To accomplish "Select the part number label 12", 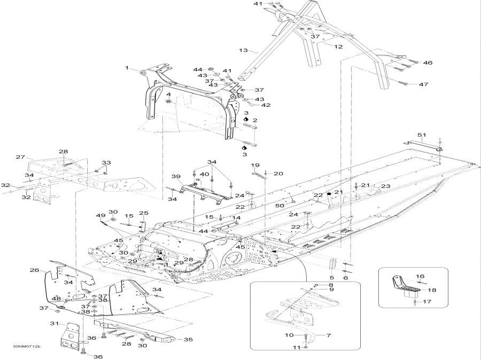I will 338,47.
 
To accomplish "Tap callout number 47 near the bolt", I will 423,84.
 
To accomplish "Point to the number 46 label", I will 427,63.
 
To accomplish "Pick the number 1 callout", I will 127,68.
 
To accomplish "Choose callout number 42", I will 266,105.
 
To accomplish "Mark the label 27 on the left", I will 20,157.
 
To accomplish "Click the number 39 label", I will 176,176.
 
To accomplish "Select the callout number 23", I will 386,186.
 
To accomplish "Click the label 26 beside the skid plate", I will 34,270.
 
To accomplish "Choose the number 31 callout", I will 54,324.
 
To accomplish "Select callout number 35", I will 188,339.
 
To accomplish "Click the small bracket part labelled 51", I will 422,145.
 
